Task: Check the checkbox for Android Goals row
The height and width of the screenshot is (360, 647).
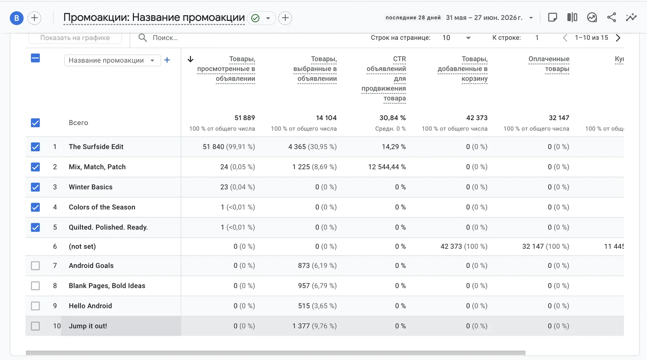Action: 35,266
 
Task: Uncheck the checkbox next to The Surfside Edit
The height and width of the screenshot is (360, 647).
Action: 35,147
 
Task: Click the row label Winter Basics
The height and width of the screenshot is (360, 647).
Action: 91,187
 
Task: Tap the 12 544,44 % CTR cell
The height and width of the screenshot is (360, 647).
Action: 387,167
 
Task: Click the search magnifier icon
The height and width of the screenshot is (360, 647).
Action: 142,37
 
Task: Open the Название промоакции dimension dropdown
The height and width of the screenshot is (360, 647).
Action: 112,60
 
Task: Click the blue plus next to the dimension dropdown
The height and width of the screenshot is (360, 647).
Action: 167,60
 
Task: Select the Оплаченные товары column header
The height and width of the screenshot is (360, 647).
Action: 549,64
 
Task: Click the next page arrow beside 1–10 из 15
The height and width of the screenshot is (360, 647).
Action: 618,38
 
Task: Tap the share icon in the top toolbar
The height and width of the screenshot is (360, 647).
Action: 612,17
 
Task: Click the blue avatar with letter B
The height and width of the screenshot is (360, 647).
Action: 17,18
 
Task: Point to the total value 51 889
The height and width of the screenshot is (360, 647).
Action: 245,118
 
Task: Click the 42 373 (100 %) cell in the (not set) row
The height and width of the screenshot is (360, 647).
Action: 464,246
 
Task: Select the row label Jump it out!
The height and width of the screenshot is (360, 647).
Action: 88,326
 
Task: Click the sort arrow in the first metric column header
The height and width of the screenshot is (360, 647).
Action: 190,59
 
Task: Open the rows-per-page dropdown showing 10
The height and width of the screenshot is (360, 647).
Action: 456,38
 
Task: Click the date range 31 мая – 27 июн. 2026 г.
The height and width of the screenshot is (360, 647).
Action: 484,18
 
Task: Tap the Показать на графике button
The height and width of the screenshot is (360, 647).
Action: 75,38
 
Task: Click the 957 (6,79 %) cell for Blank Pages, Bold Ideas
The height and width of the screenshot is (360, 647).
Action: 317,286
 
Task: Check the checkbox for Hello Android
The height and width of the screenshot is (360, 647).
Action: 35,306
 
